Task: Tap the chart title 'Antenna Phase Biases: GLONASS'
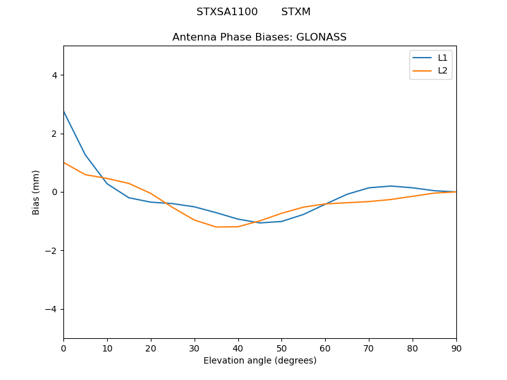[259, 37]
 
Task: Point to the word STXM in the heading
[296, 12]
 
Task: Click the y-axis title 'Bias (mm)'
[37, 192]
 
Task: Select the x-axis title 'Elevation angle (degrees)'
[259, 361]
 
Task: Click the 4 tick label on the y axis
[54, 75]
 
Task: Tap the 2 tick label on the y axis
[54, 134]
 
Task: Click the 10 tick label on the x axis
[107, 348]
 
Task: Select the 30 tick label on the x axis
[195, 348]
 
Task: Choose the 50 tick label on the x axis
[281, 348]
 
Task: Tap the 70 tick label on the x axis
[369, 348]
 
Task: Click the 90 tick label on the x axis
[456, 348]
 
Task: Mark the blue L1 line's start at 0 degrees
[64, 111]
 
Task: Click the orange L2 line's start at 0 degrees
[64, 163]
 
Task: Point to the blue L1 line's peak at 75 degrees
[390, 186]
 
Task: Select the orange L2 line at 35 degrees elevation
[216, 227]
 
